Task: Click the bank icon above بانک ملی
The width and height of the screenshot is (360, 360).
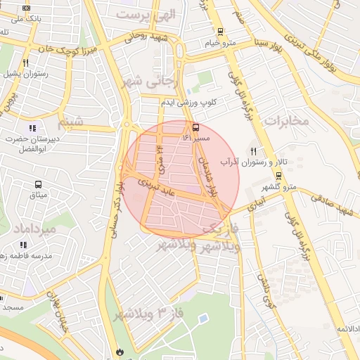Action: coord(27,8)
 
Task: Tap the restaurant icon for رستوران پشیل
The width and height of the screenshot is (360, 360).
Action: coord(25,62)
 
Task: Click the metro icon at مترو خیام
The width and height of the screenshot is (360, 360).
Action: coord(221,32)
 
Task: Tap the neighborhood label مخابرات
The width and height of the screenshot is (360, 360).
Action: coord(287,120)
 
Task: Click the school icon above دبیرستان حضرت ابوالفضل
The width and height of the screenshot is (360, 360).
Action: coord(32,128)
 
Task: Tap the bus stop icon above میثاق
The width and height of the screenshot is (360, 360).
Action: coord(37,184)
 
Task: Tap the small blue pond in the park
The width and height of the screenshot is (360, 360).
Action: coord(204,319)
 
